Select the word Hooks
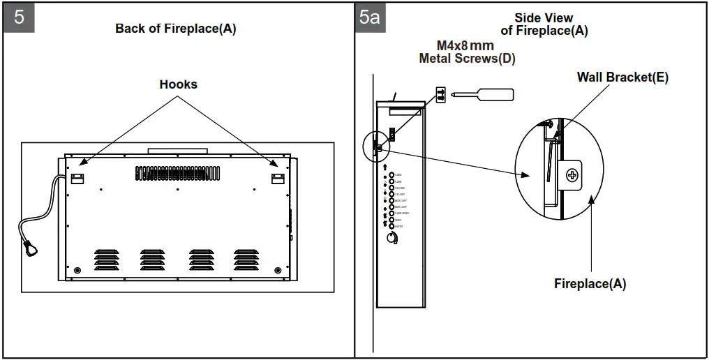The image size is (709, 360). [x=178, y=84]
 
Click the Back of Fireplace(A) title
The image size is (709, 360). [x=176, y=29]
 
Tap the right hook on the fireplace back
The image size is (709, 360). [x=278, y=178]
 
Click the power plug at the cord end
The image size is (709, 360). [x=30, y=248]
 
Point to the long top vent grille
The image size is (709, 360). [x=177, y=173]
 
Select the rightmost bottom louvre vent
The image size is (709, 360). [x=246, y=259]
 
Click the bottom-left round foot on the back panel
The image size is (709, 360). [x=77, y=270]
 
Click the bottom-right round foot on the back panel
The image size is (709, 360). [x=278, y=270]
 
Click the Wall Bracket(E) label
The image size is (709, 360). [x=622, y=77]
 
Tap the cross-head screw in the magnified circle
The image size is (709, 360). [x=572, y=174]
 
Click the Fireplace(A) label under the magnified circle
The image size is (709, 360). [x=590, y=284]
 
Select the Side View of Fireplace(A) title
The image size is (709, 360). [x=544, y=24]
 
